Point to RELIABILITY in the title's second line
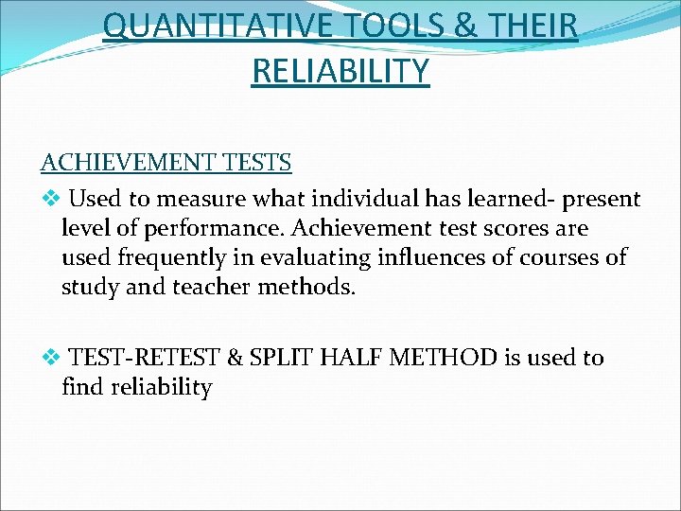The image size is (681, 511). tap(340, 70)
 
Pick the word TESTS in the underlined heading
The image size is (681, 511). tap(258, 162)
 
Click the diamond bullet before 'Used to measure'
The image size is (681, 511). tap(51, 200)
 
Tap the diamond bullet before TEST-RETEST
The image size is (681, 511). tap(51, 358)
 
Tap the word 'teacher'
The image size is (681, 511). tap(214, 286)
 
